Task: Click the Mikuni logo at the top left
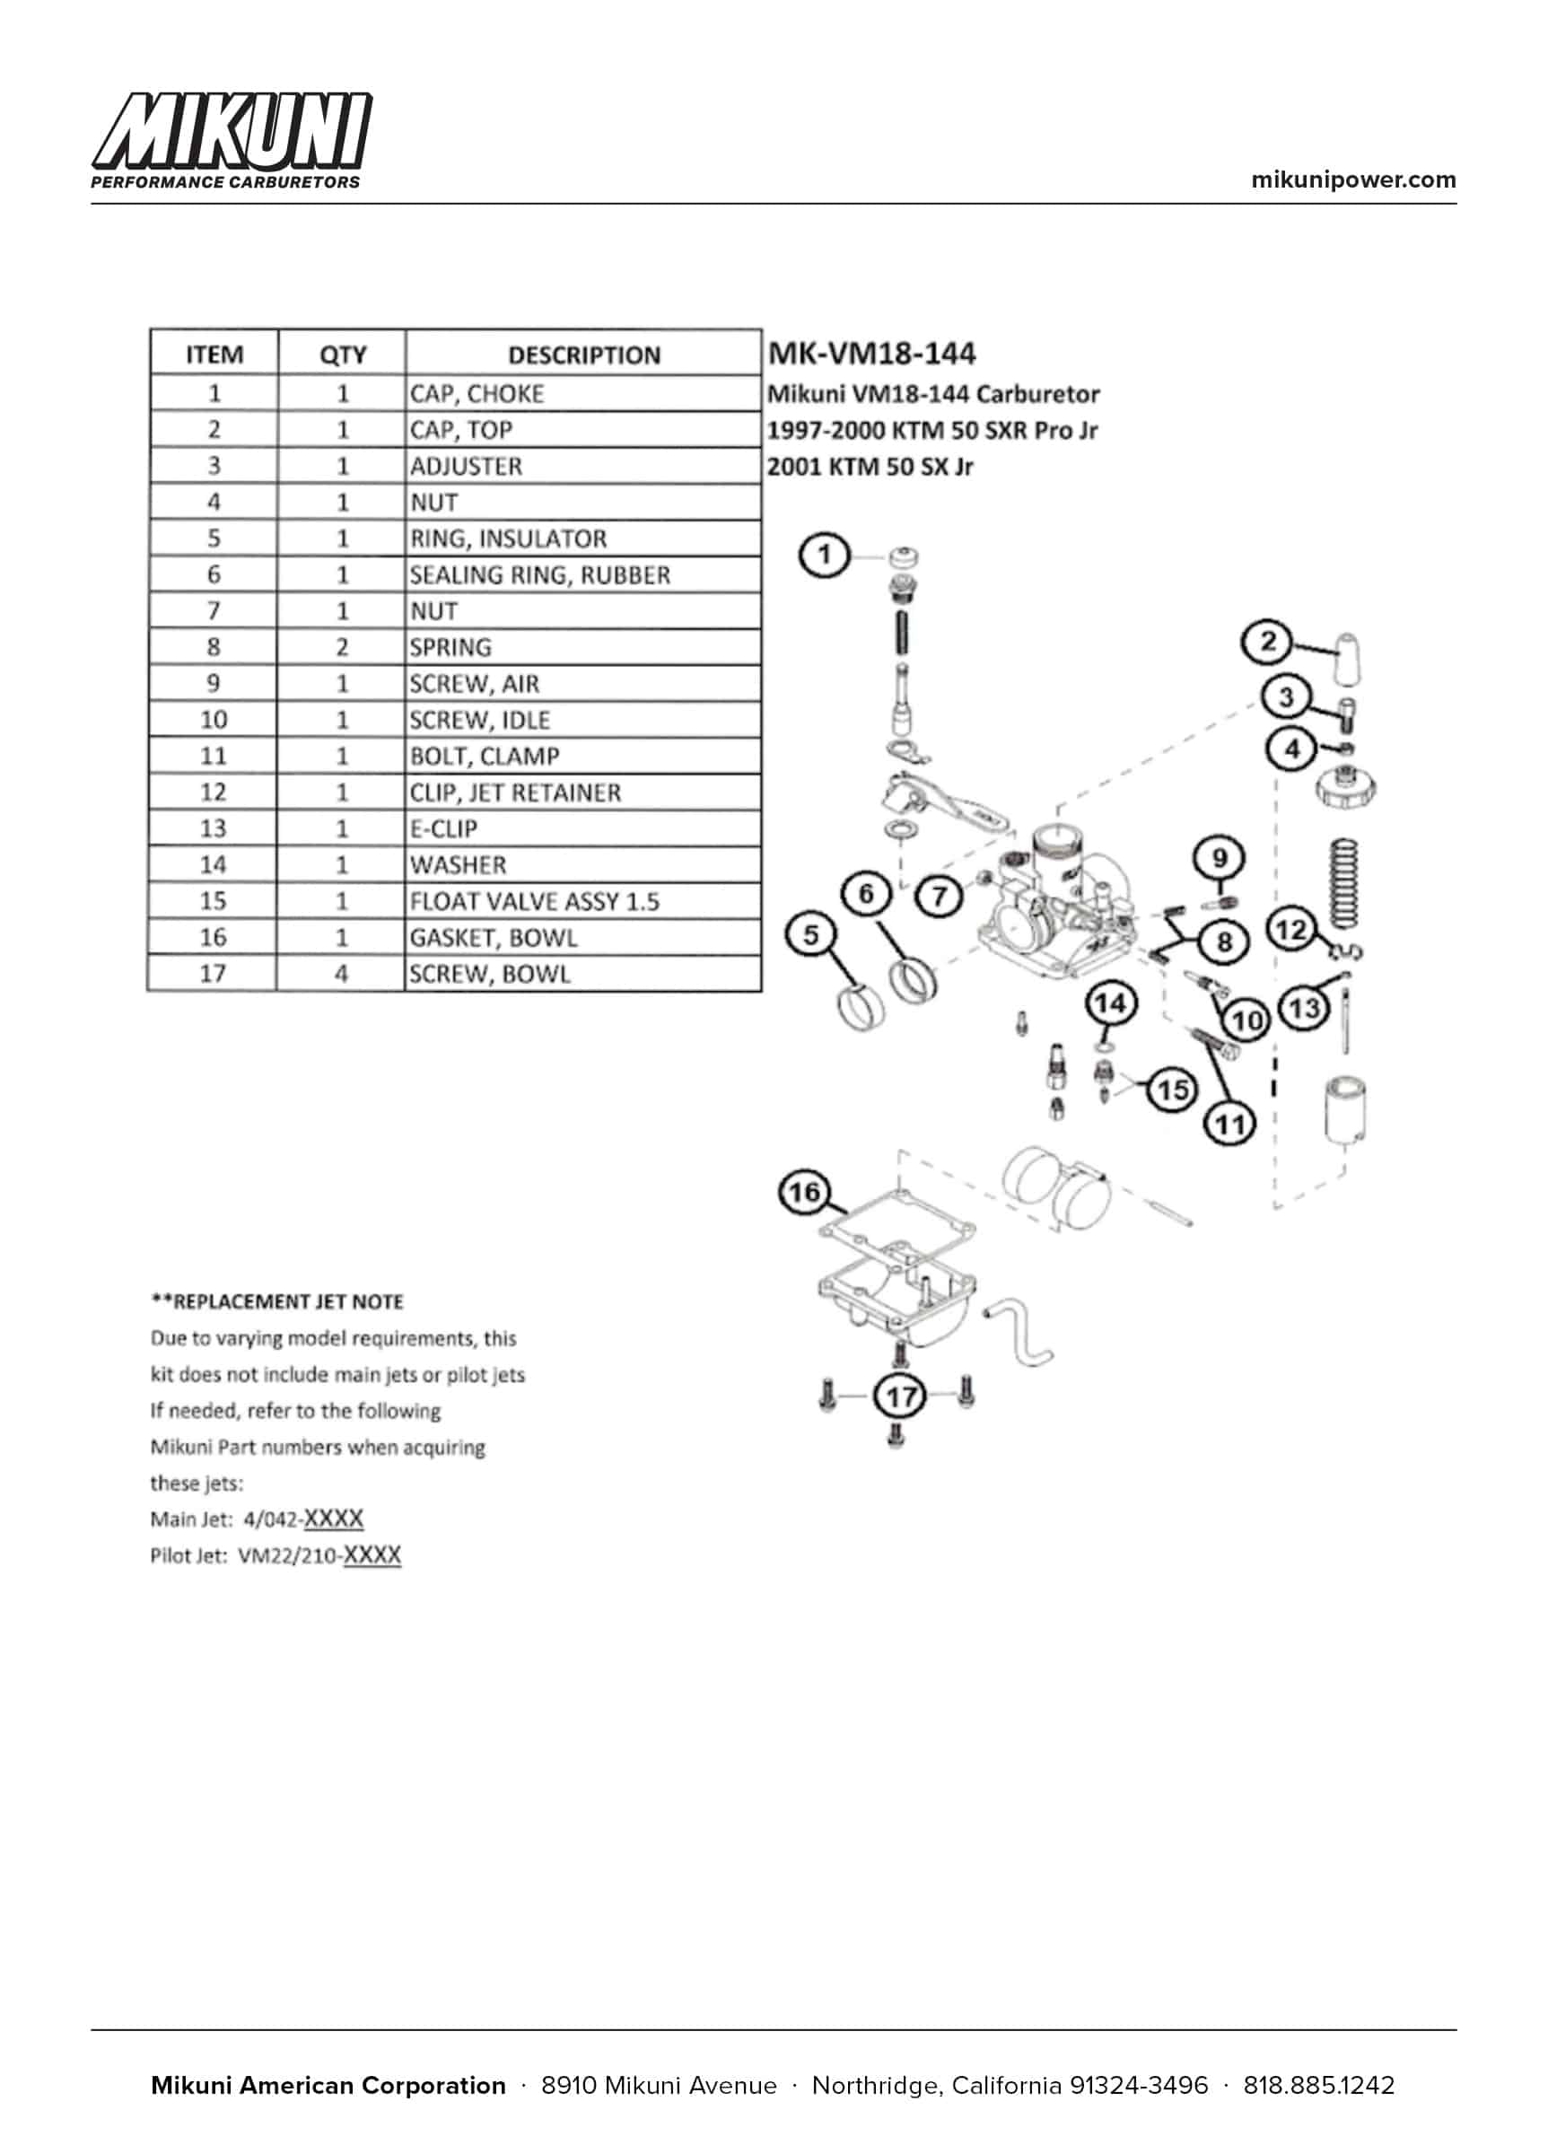[x=232, y=138]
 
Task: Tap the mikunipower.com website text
[x=1352, y=179]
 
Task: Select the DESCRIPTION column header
[x=583, y=355]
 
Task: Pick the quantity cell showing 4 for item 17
[x=341, y=974]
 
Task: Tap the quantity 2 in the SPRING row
[x=342, y=647]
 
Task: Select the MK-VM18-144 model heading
[x=870, y=354]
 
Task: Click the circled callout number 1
[x=824, y=555]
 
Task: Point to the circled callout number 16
[x=804, y=1193]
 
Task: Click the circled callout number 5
[x=811, y=934]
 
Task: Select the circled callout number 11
[x=1229, y=1125]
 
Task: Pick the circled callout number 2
[x=1268, y=643]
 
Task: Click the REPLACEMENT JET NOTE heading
[x=277, y=1301]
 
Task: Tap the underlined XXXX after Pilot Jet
[x=372, y=1554]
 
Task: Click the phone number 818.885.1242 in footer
[x=1318, y=2085]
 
